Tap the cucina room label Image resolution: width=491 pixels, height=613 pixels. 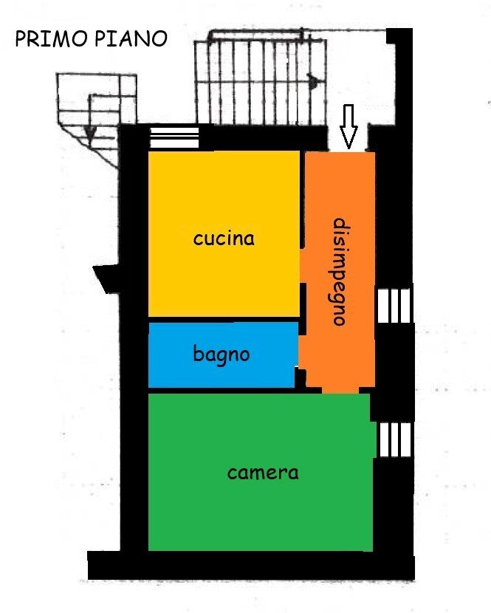pyautogui.click(x=224, y=239)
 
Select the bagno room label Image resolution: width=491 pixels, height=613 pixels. pyautogui.click(x=222, y=355)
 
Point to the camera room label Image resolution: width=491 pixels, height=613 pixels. pyautogui.click(x=263, y=473)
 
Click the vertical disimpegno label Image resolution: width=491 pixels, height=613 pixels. pyautogui.click(x=340, y=272)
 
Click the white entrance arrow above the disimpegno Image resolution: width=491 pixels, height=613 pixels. pyautogui.click(x=348, y=126)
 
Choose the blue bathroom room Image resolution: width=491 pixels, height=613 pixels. pyautogui.click(x=185, y=369)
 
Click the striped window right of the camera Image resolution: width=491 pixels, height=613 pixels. pyautogui.click(x=394, y=439)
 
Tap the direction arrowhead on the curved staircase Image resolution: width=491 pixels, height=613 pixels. pyautogui.click(x=90, y=133)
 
